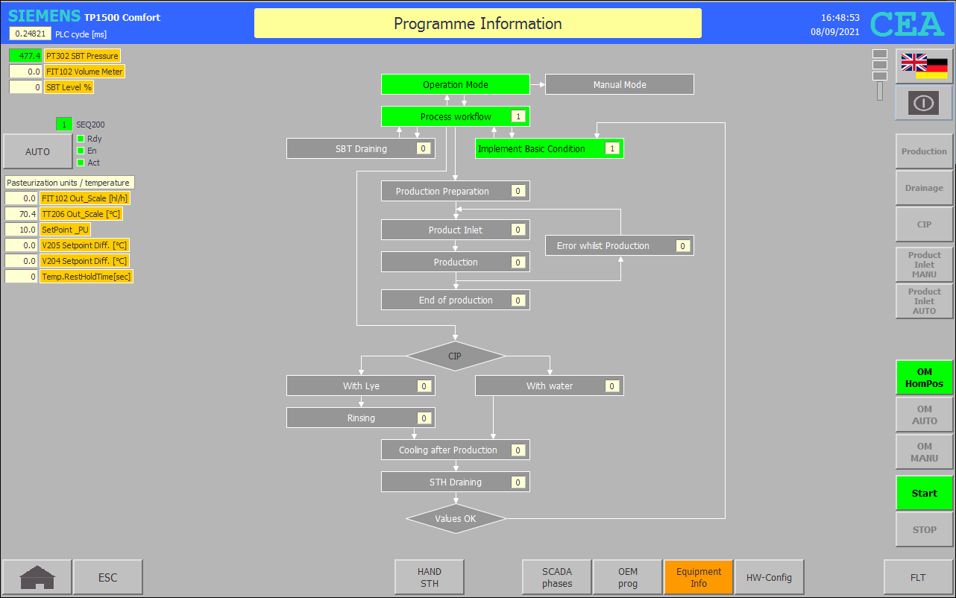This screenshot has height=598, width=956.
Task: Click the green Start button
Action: (x=924, y=493)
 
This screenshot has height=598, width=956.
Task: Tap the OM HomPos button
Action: (x=924, y=377)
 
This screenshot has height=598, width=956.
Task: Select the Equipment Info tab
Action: (x=698, y=577)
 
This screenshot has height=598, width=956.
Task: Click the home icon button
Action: (x=37, y=577)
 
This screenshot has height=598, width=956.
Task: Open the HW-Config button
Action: (x=769, y=577)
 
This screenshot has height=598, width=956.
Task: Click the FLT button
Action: (x=917, y=577)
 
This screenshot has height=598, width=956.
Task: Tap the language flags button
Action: (x=924, y=66)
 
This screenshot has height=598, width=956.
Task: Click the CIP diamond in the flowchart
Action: (x=456, y=356)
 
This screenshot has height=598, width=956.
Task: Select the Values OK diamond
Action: (x=456, y=519)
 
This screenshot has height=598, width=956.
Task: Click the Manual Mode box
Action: (x=619, y=84)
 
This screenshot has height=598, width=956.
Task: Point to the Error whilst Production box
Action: (x=619, y=245)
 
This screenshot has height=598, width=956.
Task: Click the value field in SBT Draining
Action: (x=423, y=148)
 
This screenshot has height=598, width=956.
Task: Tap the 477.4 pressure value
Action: (x=25, y=55)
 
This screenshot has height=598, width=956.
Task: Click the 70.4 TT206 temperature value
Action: (x=22, y=214)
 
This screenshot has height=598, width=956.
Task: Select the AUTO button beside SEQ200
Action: (x=37, y=151)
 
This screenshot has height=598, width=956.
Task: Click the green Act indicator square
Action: (x=81, y=163)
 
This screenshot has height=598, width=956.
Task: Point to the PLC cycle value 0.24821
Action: (x=31, y=34)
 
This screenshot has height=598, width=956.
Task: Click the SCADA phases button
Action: (x=556, y=577)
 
